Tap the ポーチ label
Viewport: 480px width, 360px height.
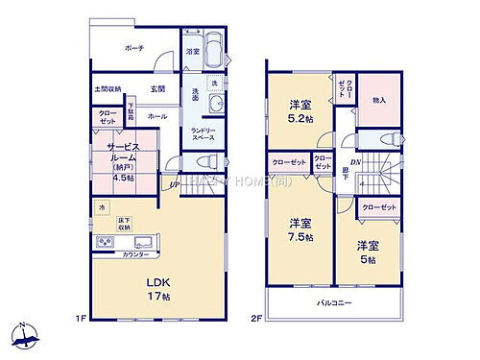(x=133, y=47)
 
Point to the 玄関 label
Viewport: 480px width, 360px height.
(x=157, y=89)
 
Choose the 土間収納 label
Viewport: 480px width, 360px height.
(x=106, y=89)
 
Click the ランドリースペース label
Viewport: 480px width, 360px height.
(x=204, y=134)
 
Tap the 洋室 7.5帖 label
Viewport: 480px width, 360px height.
(x=300, y=229)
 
